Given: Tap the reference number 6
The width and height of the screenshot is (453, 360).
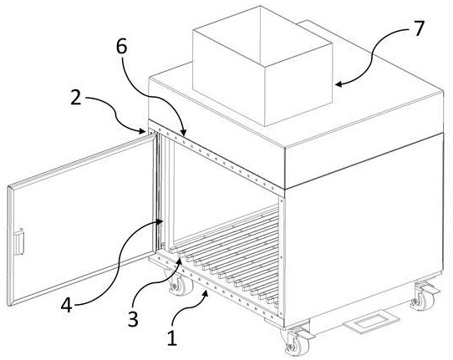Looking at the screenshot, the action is tap(122, 47).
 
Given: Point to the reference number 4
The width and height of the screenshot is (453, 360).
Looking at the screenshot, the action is tap(67, 305).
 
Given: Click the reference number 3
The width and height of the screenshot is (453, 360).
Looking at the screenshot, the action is tap(133, 320).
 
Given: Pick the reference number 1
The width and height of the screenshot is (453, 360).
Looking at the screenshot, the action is tap(172, 337).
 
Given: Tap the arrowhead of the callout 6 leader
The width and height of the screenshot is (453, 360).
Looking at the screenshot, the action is tap(183, 133).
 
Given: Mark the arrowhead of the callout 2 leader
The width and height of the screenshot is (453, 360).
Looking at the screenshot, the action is tap(142, 131).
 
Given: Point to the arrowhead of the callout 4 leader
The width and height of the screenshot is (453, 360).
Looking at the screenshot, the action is tap(160, 221).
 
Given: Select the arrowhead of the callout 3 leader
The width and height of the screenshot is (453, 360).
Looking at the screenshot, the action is tap(180, 261).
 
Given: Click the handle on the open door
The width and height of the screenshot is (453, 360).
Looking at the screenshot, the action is tap(18, 241).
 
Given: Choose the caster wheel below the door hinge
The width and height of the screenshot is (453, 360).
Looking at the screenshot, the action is tap(177, 283).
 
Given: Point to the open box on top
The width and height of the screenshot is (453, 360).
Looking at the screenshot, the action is tap(262, 66).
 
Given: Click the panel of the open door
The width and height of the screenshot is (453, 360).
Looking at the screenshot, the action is tap(82, 220).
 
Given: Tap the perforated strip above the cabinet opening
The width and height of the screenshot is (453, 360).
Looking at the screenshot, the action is tap(216, 158).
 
